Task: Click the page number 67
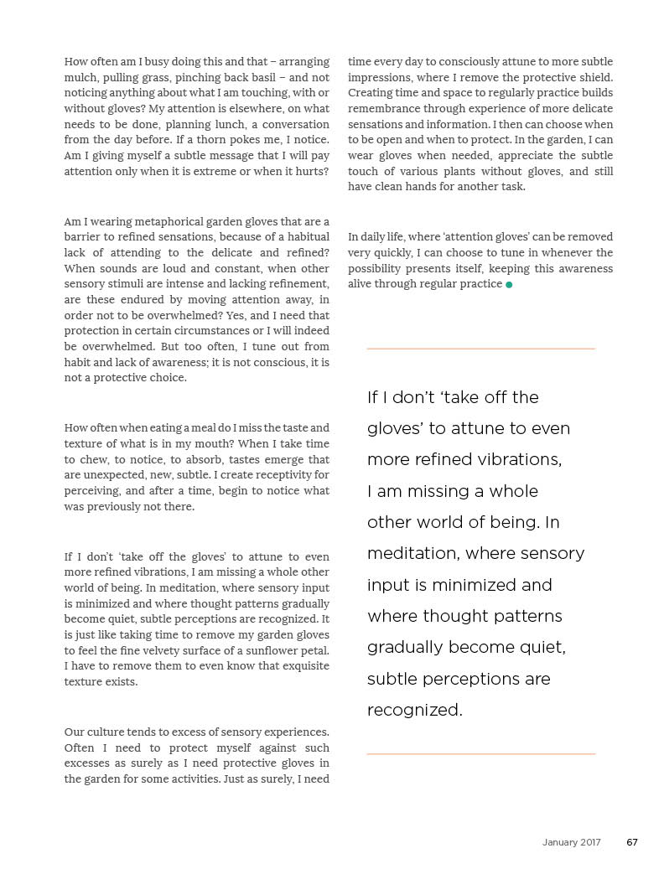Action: [x=632, y=842]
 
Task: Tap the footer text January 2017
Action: [x=571, y=842]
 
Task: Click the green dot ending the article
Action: [x=509, y=285]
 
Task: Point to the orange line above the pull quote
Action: [x=480, y=349]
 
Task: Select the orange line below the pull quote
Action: [x=480, y=754]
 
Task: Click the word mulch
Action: [x=79, y=77]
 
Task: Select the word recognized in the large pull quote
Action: [x=413, y=711]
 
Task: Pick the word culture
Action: [x=107, y=732]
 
